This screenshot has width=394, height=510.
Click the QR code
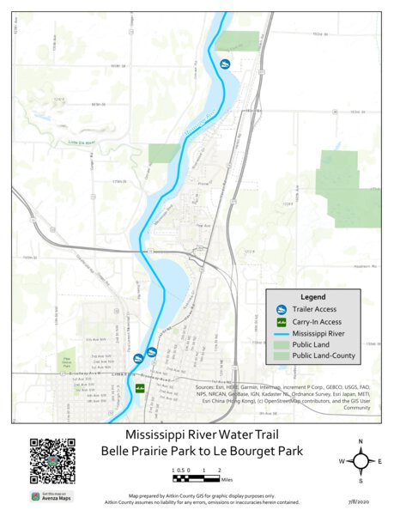[52, 461]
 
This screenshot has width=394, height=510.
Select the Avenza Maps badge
[52, 495]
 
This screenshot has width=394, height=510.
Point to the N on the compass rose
[361, 441]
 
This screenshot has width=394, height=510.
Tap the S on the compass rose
[361, 481]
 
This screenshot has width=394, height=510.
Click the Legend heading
[312, 297]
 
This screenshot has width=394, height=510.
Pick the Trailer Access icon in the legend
[280, 309]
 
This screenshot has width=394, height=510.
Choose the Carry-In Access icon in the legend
[280, 321]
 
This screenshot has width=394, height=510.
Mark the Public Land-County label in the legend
[324, 355]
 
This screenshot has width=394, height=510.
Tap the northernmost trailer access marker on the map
[225, 64]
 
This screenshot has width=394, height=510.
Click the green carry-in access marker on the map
[139, 389]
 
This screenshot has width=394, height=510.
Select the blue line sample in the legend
[280, 332]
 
